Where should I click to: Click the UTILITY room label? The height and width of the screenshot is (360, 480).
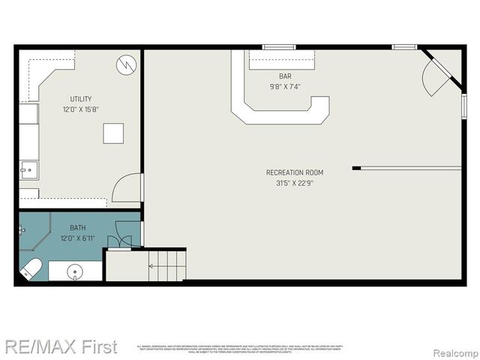(x=82, y=99)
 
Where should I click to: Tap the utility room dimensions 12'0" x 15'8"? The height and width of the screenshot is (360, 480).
(x=82, y=109)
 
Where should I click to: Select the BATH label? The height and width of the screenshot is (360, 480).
(x=77, y=228)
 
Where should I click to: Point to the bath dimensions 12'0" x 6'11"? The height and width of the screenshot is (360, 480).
(x=77, y=238)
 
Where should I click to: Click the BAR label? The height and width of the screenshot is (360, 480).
(x=285, y=76)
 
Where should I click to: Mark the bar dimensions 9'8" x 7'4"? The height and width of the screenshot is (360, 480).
(x=285, y=86)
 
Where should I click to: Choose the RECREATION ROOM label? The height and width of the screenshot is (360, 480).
(x=295, y=172)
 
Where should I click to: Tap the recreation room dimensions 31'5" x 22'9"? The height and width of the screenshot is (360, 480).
(x=295, y=183)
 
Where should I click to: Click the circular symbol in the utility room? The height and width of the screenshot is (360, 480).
(x=126, y=65)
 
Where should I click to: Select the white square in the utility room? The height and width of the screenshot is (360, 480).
(x=114, y=133)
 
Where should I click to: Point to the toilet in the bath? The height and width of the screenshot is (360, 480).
(x=31, y=268)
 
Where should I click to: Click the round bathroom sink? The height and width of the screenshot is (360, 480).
(x=74, y=271)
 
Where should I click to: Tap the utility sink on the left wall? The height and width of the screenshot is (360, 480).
(x=28, y=170)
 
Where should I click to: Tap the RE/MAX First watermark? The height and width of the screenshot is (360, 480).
(x=61, y=346)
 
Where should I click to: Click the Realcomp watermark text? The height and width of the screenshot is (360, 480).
(x=454, y=349)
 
